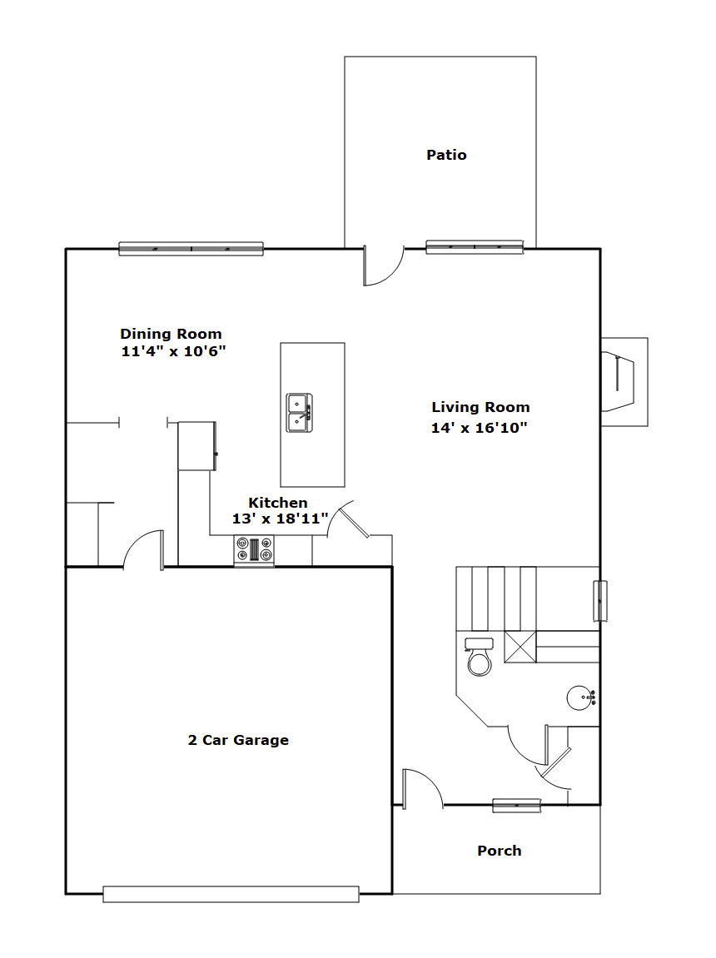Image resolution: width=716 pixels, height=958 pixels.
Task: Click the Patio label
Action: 446,155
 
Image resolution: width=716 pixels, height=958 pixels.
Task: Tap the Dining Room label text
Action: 171,335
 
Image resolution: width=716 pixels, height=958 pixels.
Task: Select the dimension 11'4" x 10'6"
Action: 173,351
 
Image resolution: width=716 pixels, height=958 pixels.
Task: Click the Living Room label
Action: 480,408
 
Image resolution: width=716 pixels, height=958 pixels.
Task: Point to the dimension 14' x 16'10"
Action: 479,428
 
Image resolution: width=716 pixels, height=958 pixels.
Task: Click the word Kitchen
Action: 278,503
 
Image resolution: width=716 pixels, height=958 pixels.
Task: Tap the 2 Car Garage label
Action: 238,740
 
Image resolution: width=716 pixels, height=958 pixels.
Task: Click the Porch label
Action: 500,851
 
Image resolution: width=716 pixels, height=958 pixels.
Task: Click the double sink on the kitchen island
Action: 300,413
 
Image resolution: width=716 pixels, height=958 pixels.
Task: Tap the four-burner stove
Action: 254,549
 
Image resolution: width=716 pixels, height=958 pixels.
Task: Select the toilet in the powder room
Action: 480,656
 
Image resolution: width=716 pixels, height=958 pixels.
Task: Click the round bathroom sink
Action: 579,698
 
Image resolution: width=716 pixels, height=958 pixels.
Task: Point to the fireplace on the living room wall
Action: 624,382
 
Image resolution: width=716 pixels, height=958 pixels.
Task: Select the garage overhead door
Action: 231,894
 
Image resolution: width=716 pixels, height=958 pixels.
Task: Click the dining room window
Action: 191,249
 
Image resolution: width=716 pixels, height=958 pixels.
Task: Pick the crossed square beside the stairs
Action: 520,647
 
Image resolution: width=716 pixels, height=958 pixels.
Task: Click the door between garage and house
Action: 144,549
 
